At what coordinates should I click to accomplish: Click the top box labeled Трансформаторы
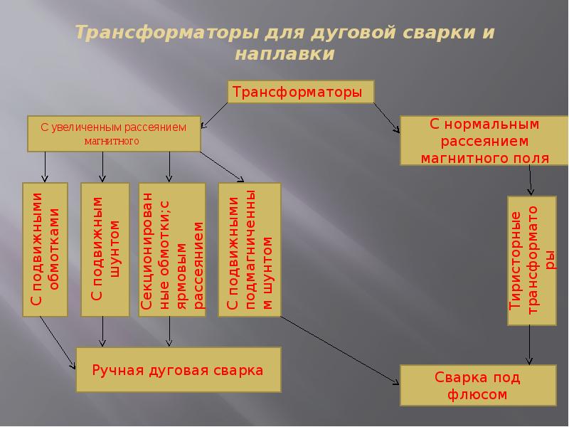pyautogui.click(x=300, y=92)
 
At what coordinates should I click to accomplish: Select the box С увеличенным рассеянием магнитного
pyautogui.click(x=113, y=134)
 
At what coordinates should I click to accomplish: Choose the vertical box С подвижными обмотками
pyautogui.click(x=45, y=249)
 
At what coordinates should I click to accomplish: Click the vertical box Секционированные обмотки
pyautogui.click(x=171, y=249)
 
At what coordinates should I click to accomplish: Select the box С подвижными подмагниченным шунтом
pyautogui.click(x=249, y=249)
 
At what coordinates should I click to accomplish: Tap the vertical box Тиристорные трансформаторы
pyautogui.click(x=531, y=259)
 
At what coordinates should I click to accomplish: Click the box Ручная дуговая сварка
pyautogui.click(x=178, y=370)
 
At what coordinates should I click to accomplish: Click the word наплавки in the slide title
pyautogui.click(x=284, y=54)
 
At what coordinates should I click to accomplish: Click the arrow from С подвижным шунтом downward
pyautogui.click(x=103, y=331)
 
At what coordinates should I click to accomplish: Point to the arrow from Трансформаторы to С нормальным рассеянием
pyautogui.click(x=386, y=116)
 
